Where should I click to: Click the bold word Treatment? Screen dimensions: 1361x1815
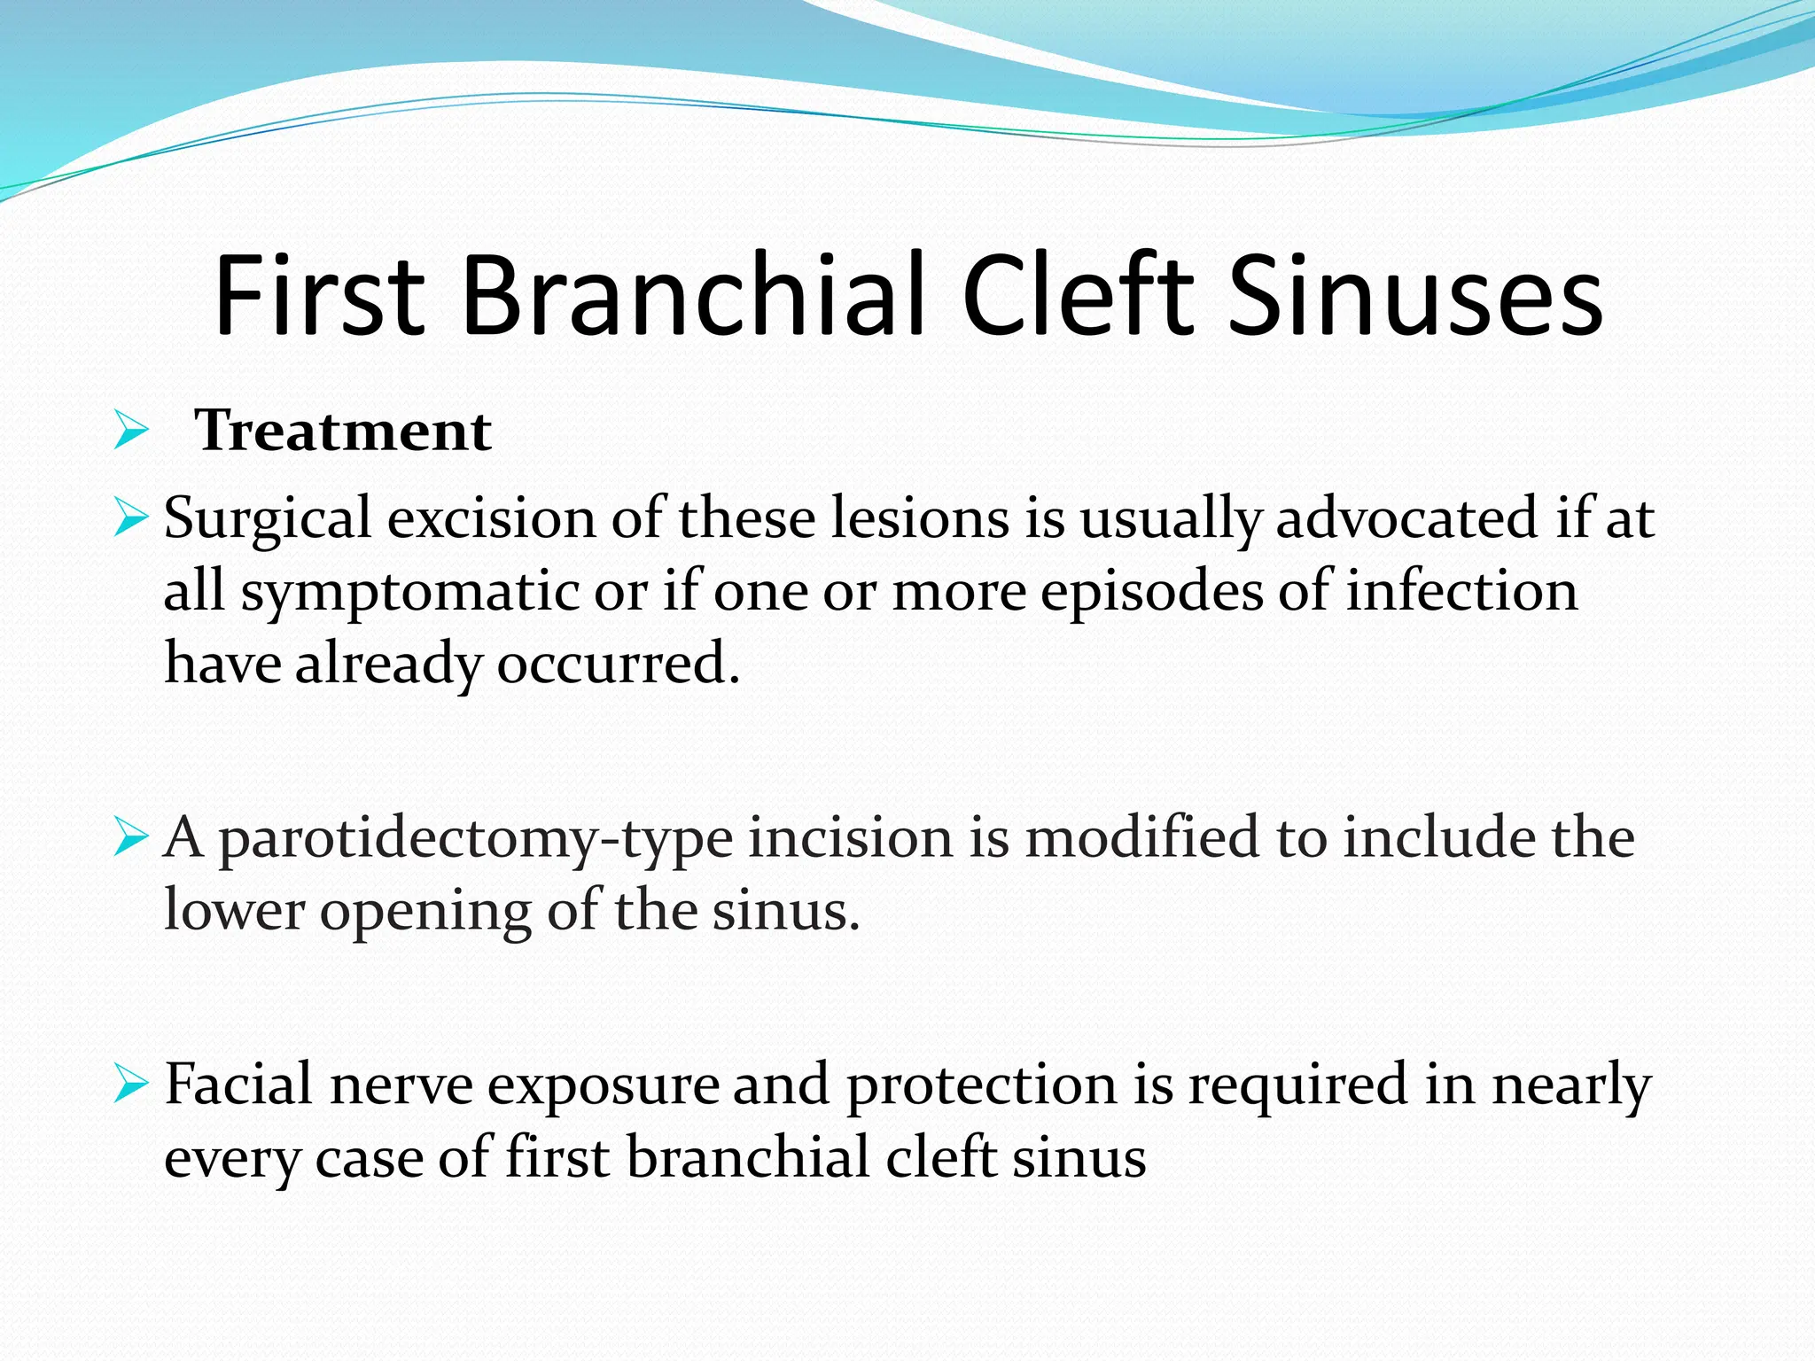(x=343, y=432)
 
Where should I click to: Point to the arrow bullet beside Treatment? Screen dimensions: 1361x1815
(x=131, y=432)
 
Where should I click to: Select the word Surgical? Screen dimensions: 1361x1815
(x=268, y=519)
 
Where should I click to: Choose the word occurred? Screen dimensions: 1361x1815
(x=618, y=663)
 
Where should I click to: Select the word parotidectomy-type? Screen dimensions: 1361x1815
(x=476, y=838)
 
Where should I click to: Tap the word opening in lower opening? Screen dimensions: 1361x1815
(x=425, y=911)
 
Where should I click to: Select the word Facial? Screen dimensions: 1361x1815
(x=239, y=1085)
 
